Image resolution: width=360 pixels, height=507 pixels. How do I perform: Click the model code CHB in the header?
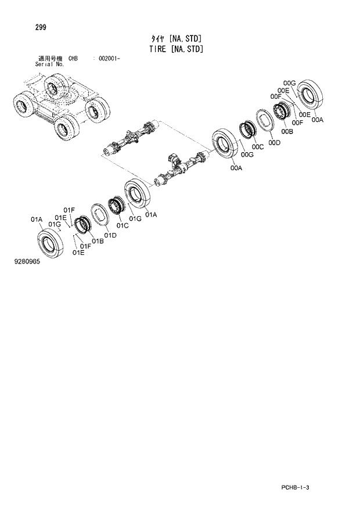click(73, 59)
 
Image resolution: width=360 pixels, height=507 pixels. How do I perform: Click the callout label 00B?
click(287, 132)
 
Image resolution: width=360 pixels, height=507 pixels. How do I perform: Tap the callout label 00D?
click(274, 143)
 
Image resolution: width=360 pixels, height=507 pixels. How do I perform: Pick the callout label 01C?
click(122, 225)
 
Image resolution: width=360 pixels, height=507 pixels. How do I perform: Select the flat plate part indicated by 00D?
click(268, 123)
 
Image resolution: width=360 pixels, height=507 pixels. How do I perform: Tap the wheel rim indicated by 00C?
click(249, 130)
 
